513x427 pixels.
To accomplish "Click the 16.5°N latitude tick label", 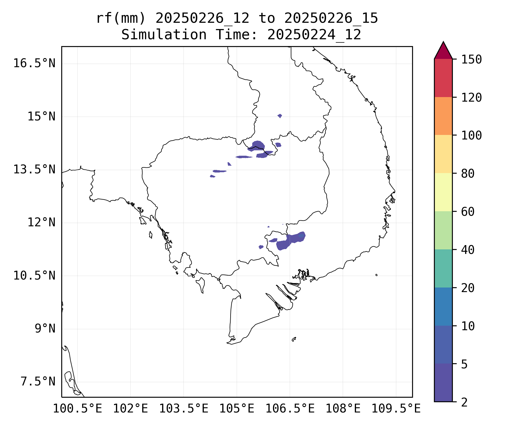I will tap(34, 63).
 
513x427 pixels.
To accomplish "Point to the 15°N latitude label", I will tap(41, 116).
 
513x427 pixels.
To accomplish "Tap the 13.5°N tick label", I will tap(34, 170).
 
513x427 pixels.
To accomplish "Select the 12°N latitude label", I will tap(41, 223).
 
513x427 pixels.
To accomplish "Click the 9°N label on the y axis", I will tap(45, 329).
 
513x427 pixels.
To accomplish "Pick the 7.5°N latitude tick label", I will tap(38, 382).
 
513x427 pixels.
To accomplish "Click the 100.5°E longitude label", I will tap(78, 409).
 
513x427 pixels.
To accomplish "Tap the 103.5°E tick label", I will tap(184, 409).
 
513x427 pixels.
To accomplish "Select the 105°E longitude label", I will tap(237, 409).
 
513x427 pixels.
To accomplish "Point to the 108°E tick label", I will tap(343, 409).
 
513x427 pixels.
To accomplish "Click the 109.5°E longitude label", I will tap(396, 409).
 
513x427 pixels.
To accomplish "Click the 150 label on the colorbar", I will tap(471, 59).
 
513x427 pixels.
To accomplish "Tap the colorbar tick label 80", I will tap(468, 173).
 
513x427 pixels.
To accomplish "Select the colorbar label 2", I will tap(464, 402).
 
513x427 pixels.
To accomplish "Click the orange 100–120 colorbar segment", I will tap(443, 116).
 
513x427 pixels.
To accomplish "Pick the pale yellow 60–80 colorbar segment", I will tap(443, 192).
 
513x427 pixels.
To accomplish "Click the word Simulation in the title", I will tap(164, 35).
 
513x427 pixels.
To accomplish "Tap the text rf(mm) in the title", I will tap(121, 19).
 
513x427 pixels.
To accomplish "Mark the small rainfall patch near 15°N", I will tap(280, 116).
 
